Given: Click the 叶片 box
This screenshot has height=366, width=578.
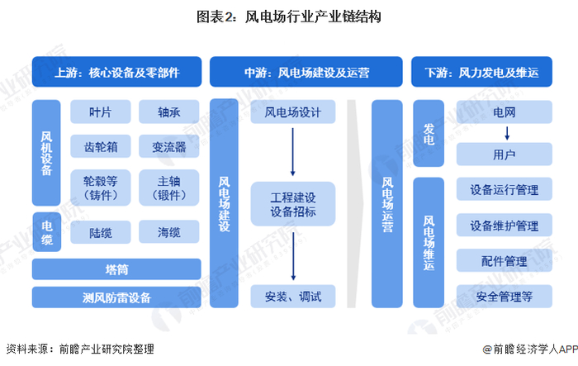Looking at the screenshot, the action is (x=100, y=112).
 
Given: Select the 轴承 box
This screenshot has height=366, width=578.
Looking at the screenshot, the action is (x=168, y=112).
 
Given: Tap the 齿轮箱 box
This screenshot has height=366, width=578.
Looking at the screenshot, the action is (x=100, y=146).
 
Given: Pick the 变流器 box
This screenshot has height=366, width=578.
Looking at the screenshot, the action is (x=168, y=146).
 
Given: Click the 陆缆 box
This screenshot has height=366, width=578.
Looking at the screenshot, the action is (x=100, y=232).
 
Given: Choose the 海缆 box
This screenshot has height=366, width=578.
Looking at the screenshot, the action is (x=168, y=232).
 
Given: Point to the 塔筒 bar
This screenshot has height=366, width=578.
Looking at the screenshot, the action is (x=116, y=269).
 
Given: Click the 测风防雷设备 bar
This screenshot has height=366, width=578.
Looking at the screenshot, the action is (x=116, y=297).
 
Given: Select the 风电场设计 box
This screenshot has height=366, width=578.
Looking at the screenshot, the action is (x=293, y=112).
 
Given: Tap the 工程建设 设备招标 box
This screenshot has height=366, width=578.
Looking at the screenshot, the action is (x=293, y=204).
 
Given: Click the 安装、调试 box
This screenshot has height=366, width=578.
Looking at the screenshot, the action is (x=293, y=297).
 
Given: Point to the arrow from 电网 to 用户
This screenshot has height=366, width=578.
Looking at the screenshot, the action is (x=507, y=133).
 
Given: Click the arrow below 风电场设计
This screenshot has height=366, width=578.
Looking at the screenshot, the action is (x=293, y=152).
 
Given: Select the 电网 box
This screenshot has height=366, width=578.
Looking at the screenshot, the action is (x=505, y=112).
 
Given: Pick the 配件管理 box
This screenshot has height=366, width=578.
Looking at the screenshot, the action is (x=505, y=260).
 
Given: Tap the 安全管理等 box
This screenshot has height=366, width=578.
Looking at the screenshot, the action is (x=505, y=297).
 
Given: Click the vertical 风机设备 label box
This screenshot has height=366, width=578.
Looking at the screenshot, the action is (x=46, y=153).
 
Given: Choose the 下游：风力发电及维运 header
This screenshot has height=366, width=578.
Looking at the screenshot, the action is (x=481, y=72).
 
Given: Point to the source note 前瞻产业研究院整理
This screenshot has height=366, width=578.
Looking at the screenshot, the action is (x=107, y=349).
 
